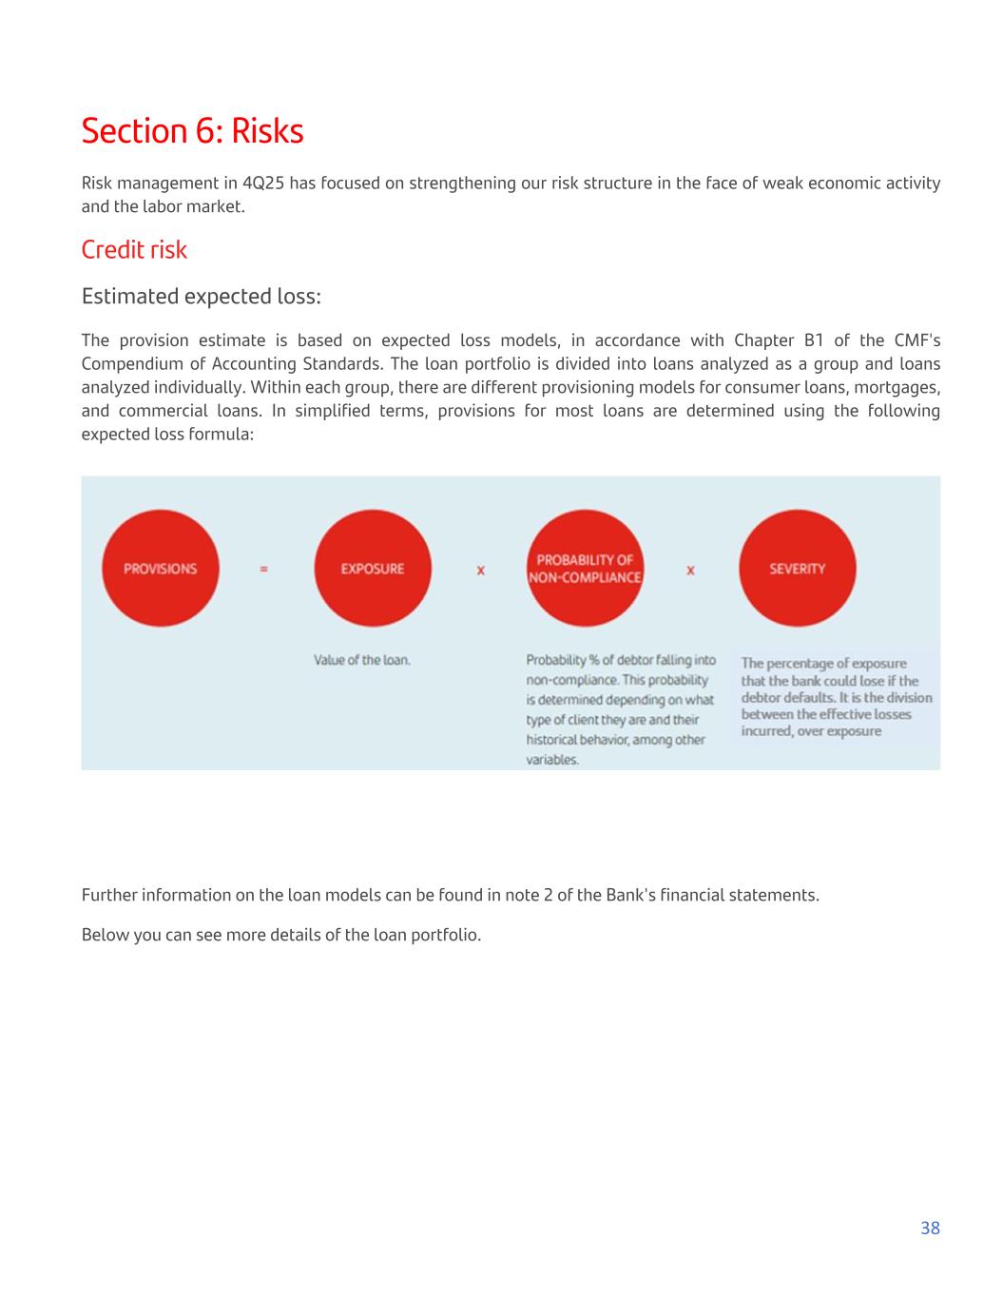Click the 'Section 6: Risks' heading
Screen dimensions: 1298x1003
point(192,130)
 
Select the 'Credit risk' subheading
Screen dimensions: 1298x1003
point(134,249)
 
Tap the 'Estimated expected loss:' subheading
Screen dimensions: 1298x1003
point(201,296)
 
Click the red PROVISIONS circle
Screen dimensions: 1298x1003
point(161,569)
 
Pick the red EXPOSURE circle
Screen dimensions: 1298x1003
point(373,569)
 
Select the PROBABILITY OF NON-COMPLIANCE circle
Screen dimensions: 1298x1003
point(585,569)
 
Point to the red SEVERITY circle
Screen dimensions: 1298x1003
point(797,569)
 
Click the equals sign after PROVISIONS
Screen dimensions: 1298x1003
point(263,569)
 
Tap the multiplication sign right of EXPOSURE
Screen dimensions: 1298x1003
point(480,570)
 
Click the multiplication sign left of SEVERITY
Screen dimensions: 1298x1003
point(690,570)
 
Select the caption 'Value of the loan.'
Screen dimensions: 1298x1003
point(362,660)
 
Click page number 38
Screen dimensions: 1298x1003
point(930,1228)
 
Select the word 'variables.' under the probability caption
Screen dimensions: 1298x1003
point(552,760)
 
